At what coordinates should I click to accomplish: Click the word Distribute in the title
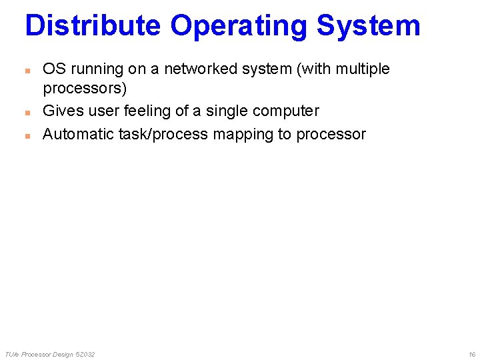point(93,25)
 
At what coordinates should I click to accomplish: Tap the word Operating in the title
point(239,27)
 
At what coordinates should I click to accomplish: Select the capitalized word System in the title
point(369,27)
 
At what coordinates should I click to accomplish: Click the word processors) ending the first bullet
point(85,89)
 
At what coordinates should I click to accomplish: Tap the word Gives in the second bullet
point(61,111)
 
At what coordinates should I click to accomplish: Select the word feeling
point(147,111)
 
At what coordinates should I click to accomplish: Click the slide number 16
point(472,354)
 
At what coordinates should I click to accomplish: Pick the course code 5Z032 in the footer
point(85,354)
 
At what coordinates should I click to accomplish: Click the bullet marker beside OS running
point(27,69)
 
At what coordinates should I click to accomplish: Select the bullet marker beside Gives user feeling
point(27,111)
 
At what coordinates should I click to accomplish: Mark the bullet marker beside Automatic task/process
point(27,135)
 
